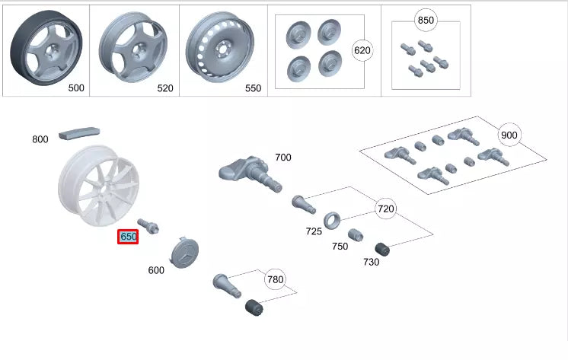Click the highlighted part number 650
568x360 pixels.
click(128, 237)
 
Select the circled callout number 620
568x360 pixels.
click(362, 51)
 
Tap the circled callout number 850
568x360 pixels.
click(426, 21)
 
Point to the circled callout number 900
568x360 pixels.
click(509, 135)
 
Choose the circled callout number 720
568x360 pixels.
click(386, 207)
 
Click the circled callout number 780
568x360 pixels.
click(275, 279)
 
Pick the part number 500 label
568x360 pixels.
click(76, 88)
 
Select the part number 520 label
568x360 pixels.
click(165, 88)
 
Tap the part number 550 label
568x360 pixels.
click(253, 88)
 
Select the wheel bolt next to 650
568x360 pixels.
click(148, 225)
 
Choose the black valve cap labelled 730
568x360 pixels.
click(383, 249)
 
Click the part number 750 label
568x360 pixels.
click(340, 246)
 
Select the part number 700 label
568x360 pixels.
click(282, 158)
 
